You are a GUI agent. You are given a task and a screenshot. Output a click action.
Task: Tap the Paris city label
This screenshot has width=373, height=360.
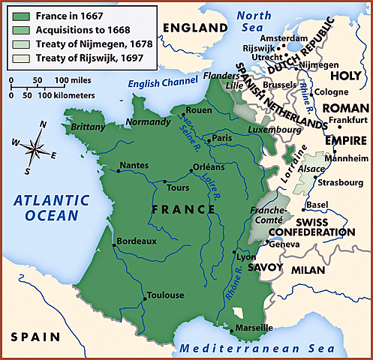[x=221, y=139]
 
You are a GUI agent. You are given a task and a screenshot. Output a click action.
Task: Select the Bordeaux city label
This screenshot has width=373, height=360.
[x=137, y=241]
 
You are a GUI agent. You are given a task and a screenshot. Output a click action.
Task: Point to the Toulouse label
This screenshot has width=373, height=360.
[x=166, y=295]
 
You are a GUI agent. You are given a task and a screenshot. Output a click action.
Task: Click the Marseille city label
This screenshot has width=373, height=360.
[x=254, y=328]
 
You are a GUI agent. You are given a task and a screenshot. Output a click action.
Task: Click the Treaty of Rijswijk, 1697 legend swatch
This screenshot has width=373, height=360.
[x=23, y=58]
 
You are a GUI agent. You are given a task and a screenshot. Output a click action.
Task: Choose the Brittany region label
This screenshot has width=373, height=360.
[x=88, y=127]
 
